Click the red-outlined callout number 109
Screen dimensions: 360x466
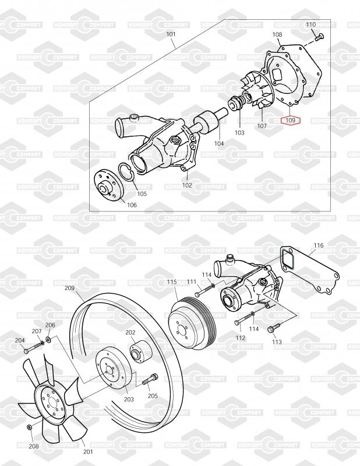point(291,121)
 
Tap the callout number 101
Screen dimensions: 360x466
point(171,34)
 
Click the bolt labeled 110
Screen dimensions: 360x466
point(319,37)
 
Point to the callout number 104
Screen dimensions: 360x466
point(219,143)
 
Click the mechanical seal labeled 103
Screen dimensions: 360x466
point(237,104)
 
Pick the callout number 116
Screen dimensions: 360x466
point(319,245)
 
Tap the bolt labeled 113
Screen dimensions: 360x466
point(273,328)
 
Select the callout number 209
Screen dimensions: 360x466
point(69,288)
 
